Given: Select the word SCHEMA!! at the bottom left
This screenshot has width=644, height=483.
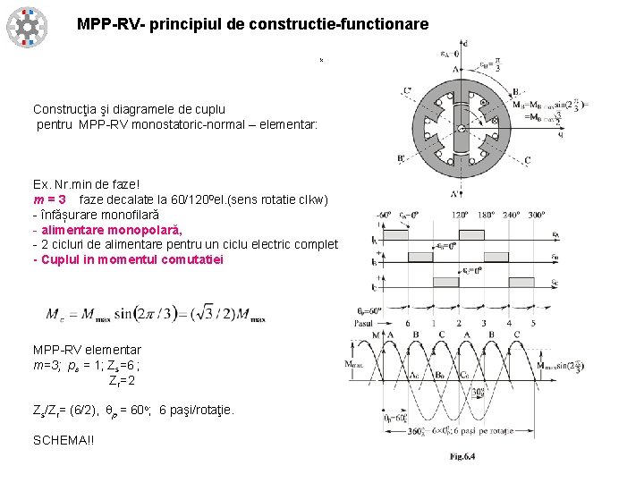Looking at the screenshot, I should click(64, 440).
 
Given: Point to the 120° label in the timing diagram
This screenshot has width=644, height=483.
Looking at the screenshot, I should click(460, 216).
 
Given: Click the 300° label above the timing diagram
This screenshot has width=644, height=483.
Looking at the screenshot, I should click(536, 216).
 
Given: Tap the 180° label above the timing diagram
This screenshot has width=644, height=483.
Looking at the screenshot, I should click(484, 216).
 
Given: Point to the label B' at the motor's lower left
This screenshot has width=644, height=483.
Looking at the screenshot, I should click(402, 159).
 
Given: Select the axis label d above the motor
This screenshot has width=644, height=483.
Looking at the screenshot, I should click(465, 42).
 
